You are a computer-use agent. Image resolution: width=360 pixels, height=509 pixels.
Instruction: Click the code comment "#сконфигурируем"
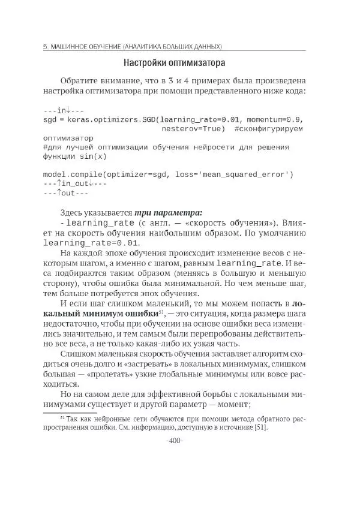[269, 128]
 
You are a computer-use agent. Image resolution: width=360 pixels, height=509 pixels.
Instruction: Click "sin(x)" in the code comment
[92, 156]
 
